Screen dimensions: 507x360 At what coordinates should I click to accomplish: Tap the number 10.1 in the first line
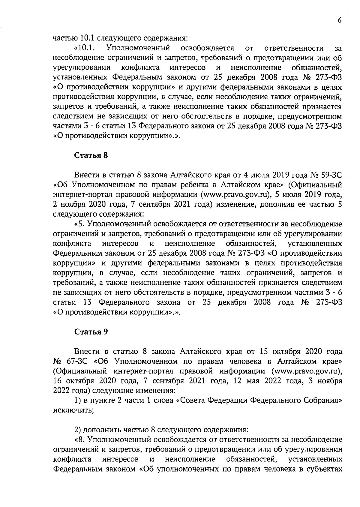(x=87, y=38)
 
